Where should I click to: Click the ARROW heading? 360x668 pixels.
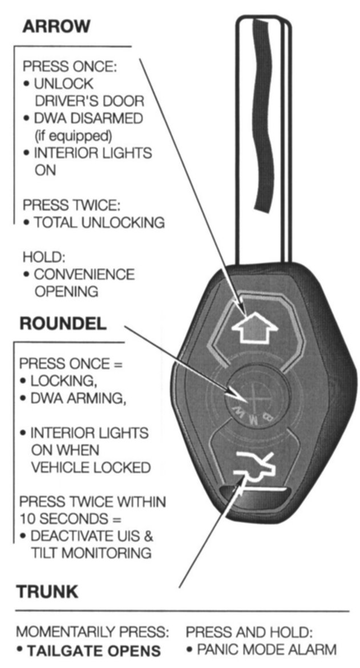[56, 26]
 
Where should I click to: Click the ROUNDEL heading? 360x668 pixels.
[63, 323]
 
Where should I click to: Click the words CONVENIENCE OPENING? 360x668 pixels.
[84, 282]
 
